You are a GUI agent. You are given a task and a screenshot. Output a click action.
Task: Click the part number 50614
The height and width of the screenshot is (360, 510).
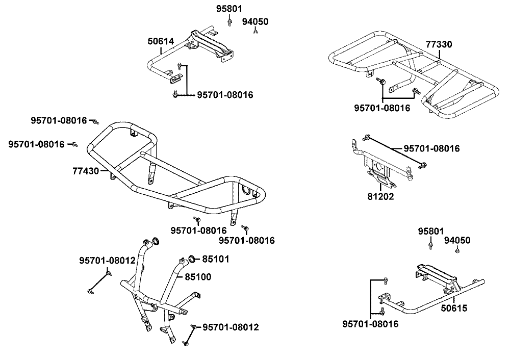pos(161,41)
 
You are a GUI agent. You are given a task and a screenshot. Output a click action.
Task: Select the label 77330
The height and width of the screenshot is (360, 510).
pos(439,44)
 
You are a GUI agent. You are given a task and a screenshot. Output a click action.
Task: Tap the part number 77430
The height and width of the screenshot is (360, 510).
pos(86,171)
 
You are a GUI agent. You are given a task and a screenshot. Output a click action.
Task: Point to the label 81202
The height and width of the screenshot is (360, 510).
pos(380,196)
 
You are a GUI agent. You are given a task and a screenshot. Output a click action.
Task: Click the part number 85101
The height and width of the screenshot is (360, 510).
pos(216,259)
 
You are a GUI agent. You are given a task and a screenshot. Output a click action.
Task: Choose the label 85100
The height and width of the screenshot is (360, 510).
pos(198,277)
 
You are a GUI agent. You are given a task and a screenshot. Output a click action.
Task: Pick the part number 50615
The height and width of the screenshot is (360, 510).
pos(454,308)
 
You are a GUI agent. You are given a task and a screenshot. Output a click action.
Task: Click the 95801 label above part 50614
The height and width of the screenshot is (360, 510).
pos(229,9)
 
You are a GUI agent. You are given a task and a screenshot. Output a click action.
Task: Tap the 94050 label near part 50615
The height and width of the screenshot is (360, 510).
pos(457,240)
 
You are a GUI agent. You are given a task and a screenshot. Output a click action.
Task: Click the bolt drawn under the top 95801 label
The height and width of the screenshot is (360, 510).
pos(229,22)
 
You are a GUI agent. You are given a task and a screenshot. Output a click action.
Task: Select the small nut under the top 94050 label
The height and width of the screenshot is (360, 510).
pos(256,31)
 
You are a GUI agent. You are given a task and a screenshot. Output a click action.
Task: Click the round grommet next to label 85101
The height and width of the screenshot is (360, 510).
pos(192,259)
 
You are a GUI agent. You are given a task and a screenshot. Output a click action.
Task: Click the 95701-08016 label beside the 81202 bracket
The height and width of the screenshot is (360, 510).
pos(431,148)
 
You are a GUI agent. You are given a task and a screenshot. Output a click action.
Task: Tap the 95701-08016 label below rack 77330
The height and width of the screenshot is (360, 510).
pos(382,108)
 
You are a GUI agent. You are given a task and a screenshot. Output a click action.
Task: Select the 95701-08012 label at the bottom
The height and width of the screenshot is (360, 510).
pos(231,327)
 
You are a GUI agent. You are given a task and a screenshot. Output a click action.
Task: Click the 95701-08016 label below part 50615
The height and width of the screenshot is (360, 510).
pos(370,324)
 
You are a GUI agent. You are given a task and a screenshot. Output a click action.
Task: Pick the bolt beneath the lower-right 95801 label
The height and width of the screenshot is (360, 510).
pos(430,245)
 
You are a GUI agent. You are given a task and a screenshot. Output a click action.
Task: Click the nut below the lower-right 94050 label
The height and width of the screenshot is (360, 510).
pos(457,250)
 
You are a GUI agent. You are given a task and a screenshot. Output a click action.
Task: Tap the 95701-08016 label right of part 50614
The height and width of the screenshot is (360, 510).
pos(225,95)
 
